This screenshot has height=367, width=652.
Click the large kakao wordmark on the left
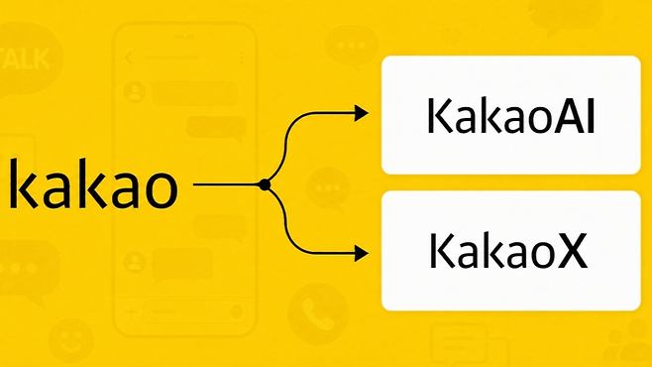pos(93,183)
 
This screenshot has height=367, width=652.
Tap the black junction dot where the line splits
pos(265,184)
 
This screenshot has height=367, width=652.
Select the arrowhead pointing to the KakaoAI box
pos(361,113)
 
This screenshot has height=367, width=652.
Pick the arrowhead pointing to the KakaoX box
pos(361,253)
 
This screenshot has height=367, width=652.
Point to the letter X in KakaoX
pos(573,251)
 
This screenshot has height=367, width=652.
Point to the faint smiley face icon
pos(71,341)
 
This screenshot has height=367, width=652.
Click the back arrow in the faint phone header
pos(129,58)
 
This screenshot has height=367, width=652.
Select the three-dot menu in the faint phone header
pos(241,58)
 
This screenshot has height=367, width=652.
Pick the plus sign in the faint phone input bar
pos(131,311)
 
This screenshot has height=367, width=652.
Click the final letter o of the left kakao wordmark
pos(161,190)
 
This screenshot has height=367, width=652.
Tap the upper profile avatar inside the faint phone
pos(135,92)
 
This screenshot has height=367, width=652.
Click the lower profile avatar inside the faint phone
pos(135,262)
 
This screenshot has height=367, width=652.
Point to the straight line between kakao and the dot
pos(226,184)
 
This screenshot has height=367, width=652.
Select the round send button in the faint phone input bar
pos(237,311)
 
